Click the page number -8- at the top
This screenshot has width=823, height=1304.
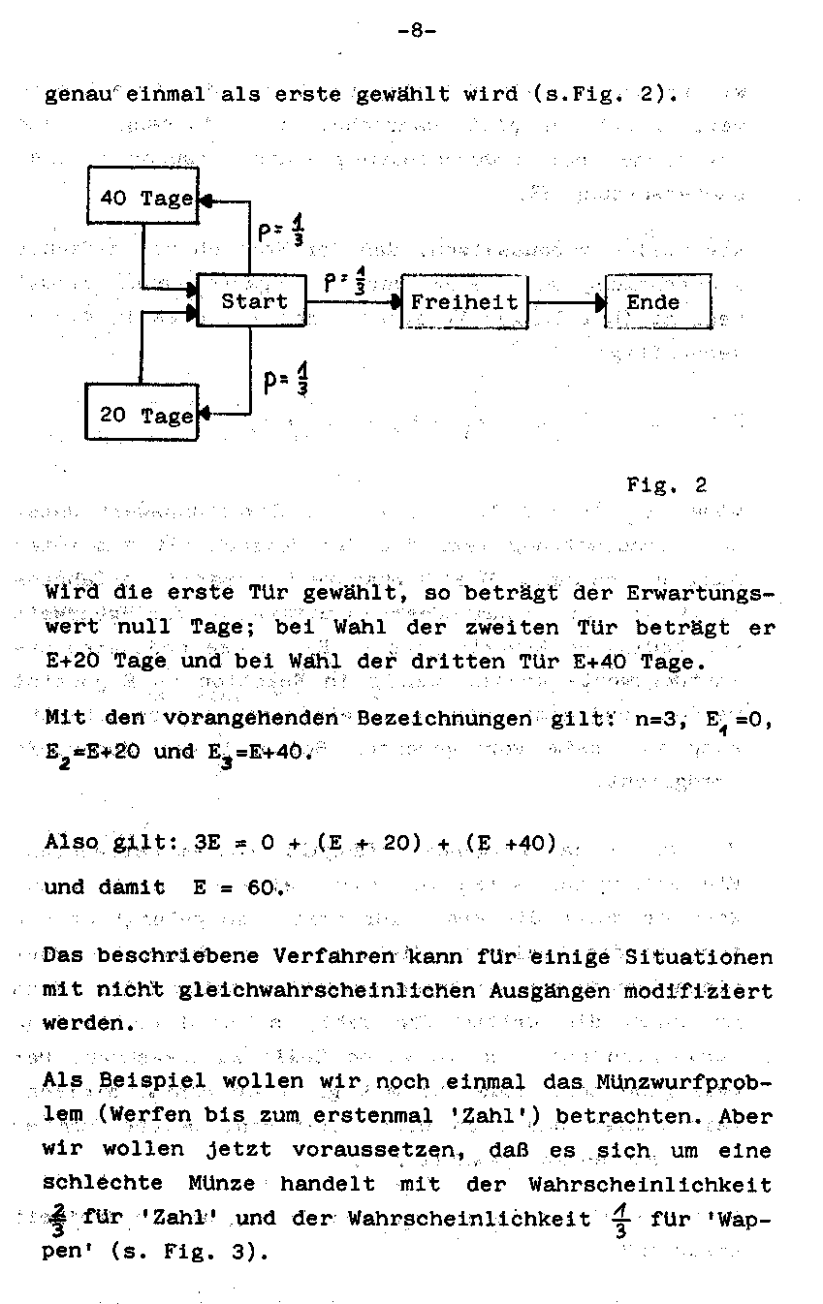pos(417,30)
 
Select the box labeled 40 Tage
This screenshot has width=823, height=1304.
pos(143,197)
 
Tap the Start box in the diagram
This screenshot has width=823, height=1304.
pos(252,301)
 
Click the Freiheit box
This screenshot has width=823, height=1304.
pos(464,301)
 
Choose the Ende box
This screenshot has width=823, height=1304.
pos(657,301)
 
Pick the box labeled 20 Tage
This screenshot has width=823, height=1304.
pos(143,414)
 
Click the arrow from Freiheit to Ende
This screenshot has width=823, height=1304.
pos(567,302)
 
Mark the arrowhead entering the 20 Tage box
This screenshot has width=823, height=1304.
pos(204,415)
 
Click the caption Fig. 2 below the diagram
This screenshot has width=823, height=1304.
pos(667,484)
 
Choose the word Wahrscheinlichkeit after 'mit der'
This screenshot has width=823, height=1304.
pos(649,1184)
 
